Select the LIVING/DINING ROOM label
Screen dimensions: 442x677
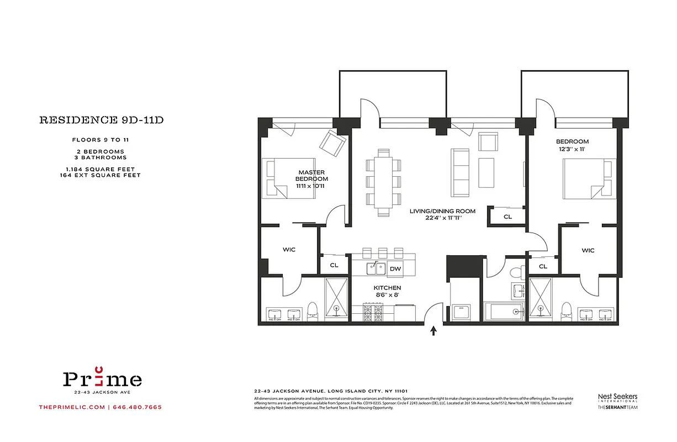click(442, 214)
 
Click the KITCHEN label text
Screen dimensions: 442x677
click(387, 291)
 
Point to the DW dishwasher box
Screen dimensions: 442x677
click(395, 269)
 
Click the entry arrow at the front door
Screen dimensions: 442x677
click(433, 330)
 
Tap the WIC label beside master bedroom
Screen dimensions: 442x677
click(289, 250)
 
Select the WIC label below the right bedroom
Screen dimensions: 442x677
click(588, 250)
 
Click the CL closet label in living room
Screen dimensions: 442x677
click(507, 217)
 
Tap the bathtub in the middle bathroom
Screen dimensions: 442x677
click(504, 312)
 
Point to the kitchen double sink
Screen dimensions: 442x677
click(377, 269)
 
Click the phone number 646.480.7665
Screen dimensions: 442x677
click(137, 408)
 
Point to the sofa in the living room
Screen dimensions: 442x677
click(459, 172)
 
